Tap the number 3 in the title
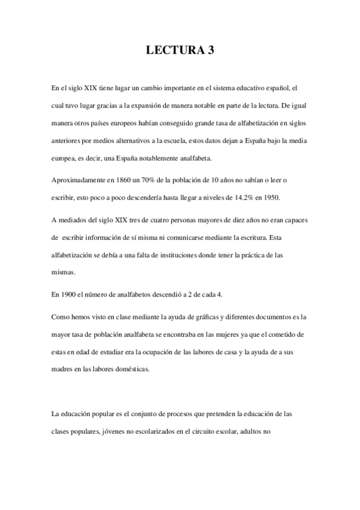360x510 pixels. pyautogui.click(x=210, y=52)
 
